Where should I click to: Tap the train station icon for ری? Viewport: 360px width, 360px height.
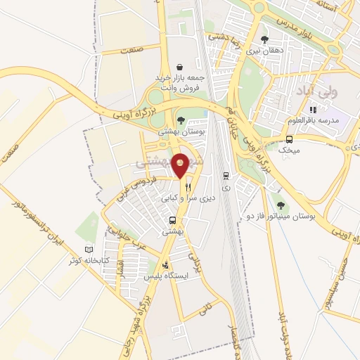pos(225,176)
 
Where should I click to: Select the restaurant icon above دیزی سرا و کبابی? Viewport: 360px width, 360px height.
pos(188,188)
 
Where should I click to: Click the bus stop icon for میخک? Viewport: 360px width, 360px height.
pos(288,139)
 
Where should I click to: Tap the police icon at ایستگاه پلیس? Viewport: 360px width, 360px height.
pos(165,266)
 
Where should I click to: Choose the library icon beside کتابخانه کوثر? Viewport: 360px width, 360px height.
pos(89,250)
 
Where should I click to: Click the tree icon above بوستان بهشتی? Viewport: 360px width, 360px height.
pos(181,121)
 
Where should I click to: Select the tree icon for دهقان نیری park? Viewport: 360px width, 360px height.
pos(264,40)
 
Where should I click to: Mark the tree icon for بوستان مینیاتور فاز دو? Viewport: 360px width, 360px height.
pos(281,205)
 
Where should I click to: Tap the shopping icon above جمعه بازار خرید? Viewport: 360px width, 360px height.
pos(181,65)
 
